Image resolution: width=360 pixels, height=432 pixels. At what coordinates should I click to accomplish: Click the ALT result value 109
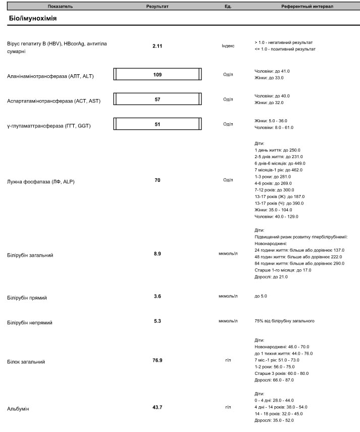tap(158, 75)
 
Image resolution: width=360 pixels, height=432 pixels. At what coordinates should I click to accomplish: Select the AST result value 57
tap(158, 100)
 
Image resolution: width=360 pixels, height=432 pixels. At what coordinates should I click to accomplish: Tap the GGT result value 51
tap(158, 124)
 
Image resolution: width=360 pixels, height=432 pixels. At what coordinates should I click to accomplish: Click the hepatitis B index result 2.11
tap(158, 46)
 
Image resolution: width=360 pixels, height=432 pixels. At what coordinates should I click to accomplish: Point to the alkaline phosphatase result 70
tap(158, 180)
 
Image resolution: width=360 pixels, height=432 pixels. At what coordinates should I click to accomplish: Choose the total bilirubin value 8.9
tap(158, 254)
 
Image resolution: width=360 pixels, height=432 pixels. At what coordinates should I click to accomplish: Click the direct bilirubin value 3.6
tap(158, 297)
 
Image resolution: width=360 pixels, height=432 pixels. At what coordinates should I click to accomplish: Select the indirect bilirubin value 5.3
tap(158, 321)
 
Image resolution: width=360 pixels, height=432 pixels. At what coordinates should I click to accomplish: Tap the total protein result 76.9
tap(158, 361)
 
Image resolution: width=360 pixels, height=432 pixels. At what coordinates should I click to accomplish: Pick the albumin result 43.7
tap(158, 407)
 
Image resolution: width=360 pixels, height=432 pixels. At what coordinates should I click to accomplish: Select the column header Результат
tap(158, 7)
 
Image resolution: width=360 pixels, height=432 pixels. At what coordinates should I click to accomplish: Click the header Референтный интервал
tap(307, 7)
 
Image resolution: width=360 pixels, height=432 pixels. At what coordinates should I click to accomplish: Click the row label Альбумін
tap(18, 408)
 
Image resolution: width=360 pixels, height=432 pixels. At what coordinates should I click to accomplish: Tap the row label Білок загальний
tap(26, 362)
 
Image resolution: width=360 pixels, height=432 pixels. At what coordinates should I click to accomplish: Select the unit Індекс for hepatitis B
tap(228, 46)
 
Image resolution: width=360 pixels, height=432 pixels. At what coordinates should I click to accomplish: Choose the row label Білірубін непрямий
tap(30, 322)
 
